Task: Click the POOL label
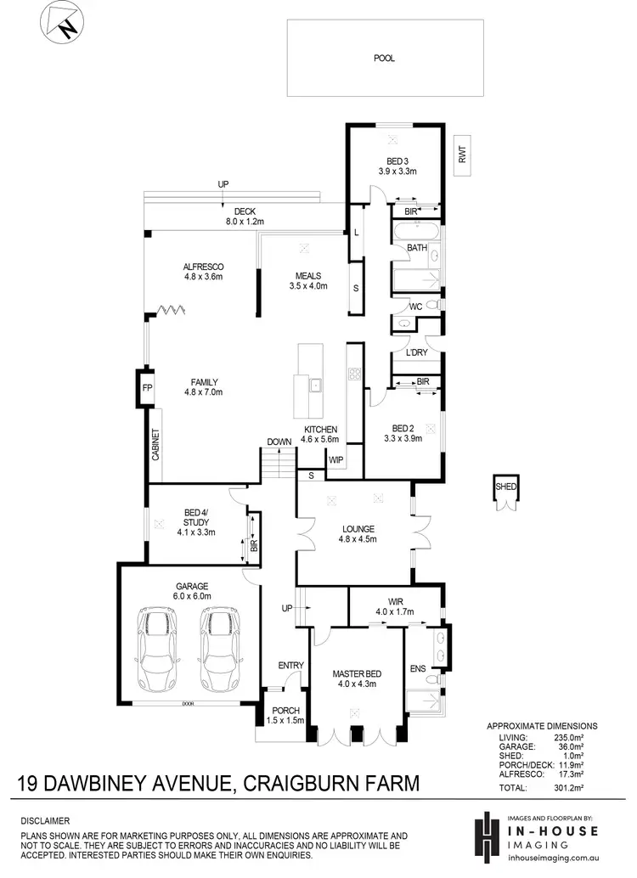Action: point(385,59)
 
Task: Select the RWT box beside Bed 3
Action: point(463,155)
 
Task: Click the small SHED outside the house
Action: point(506,491)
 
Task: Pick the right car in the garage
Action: point(217,650)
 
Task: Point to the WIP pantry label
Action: point(335,459)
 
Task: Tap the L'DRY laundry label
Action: point(416,352)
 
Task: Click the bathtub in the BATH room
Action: point(415,231)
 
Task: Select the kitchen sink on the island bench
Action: point(315,385)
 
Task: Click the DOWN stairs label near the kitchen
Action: point(279,442)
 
